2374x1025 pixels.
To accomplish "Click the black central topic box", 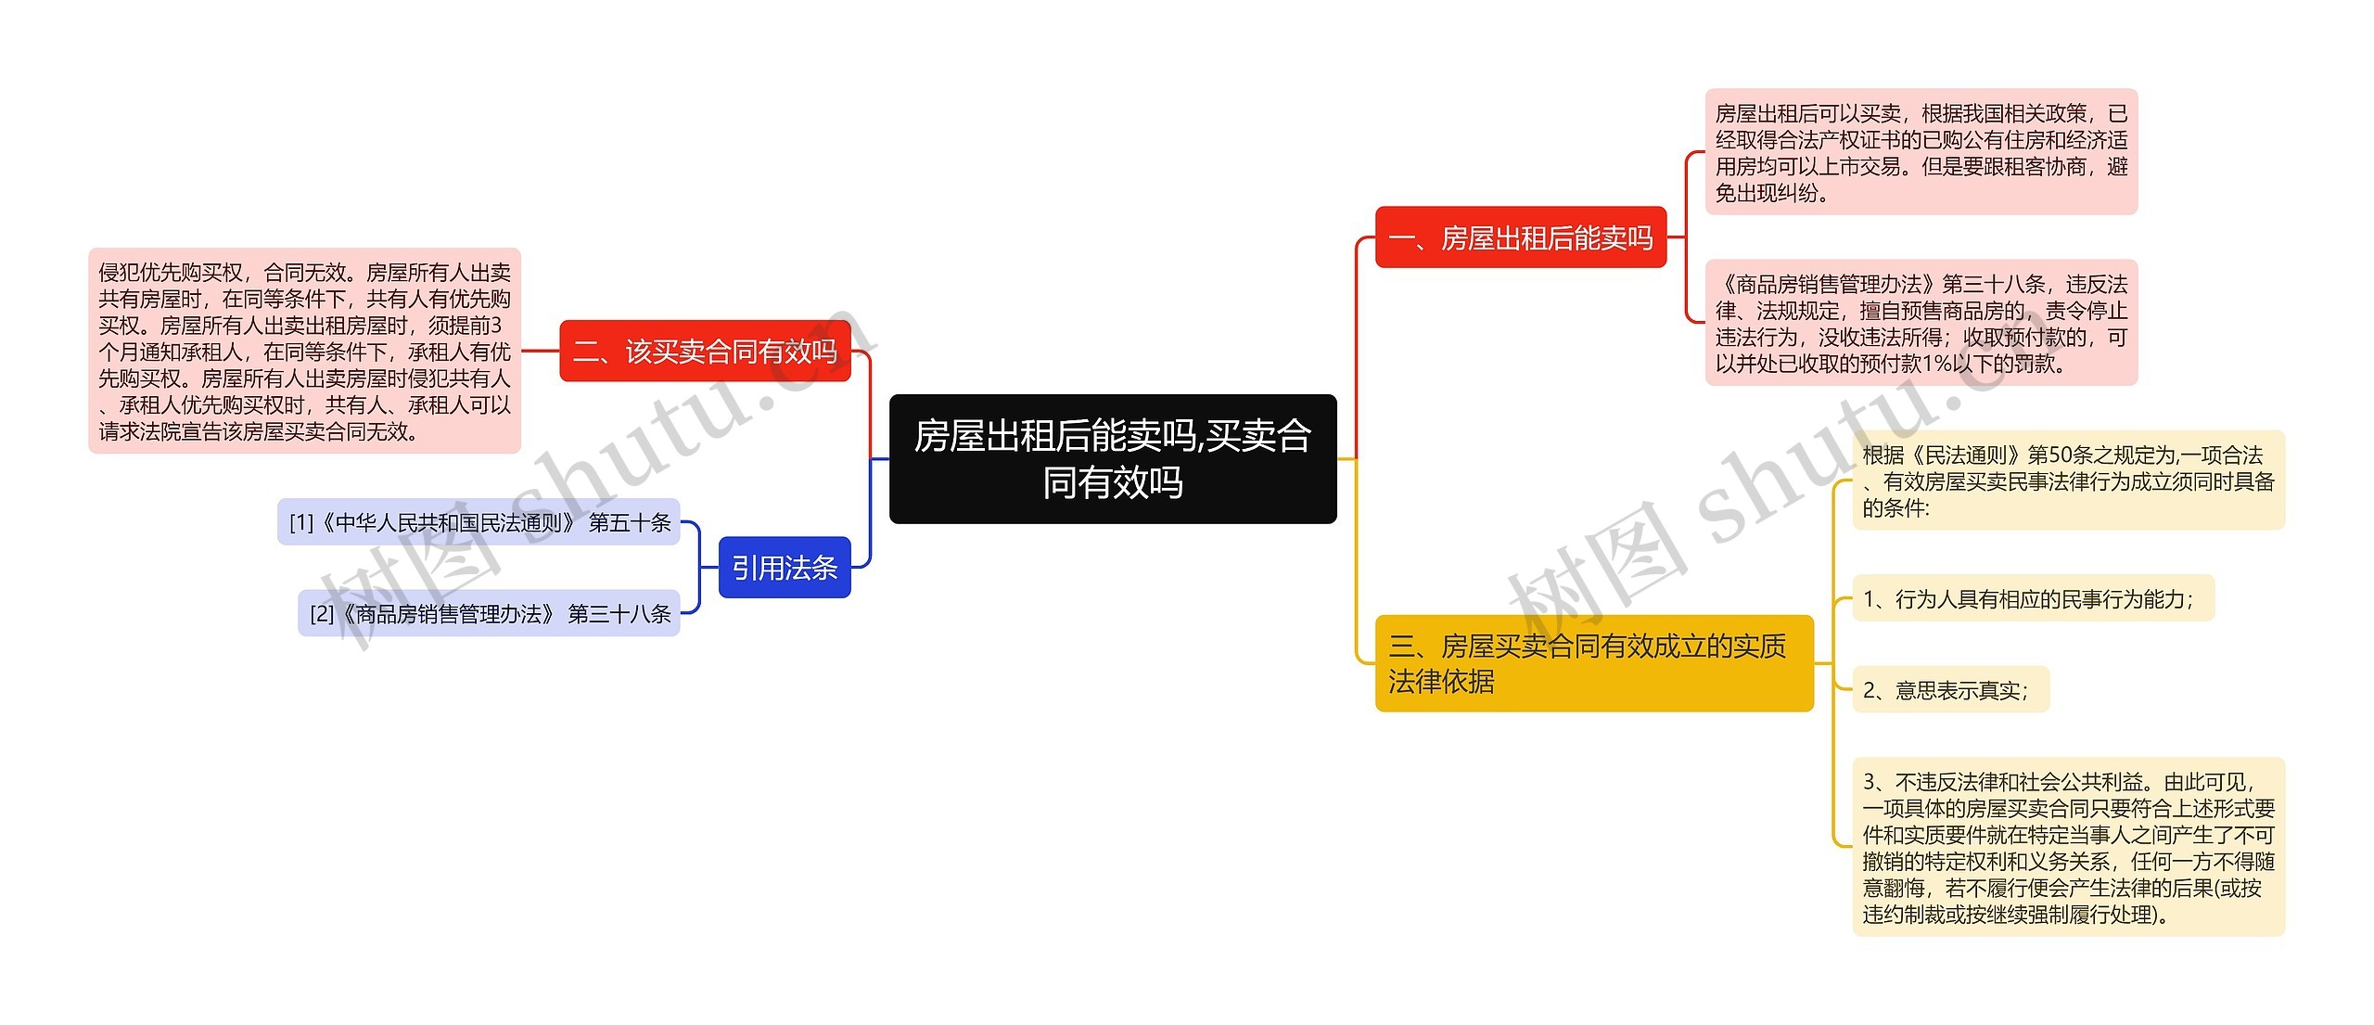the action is [x=1112, y=458].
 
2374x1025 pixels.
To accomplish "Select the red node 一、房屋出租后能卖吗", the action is [x=1520, y=238].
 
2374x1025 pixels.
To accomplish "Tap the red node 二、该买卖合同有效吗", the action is [x=705, y=352].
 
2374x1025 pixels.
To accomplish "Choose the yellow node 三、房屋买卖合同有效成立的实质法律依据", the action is [x=1593, y=663].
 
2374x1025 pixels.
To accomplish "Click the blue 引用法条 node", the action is [x=785, y=568].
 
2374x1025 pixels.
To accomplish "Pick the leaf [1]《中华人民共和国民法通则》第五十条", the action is [x=479, y=522].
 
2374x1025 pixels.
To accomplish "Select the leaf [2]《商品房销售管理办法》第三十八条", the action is [x=489, y=613].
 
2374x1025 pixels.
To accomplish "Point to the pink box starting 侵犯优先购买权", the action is [x=304, y=352].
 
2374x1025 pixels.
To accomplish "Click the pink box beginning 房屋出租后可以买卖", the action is [x=1921, y=152].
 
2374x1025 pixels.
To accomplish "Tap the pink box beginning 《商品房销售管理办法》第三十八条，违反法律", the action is [x=1921, y=323].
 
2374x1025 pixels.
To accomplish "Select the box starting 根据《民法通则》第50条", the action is [x=2068, y=480].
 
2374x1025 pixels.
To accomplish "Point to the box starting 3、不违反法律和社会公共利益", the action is [x=2068, y=847].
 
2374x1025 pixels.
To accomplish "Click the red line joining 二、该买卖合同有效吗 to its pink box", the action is [x=540, y=352].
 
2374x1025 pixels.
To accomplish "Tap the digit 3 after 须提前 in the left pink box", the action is [x=495, y=326].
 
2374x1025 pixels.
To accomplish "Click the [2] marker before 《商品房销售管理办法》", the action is [x=321, y=614].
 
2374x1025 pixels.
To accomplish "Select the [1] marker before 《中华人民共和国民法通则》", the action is [x=300, y=523].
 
